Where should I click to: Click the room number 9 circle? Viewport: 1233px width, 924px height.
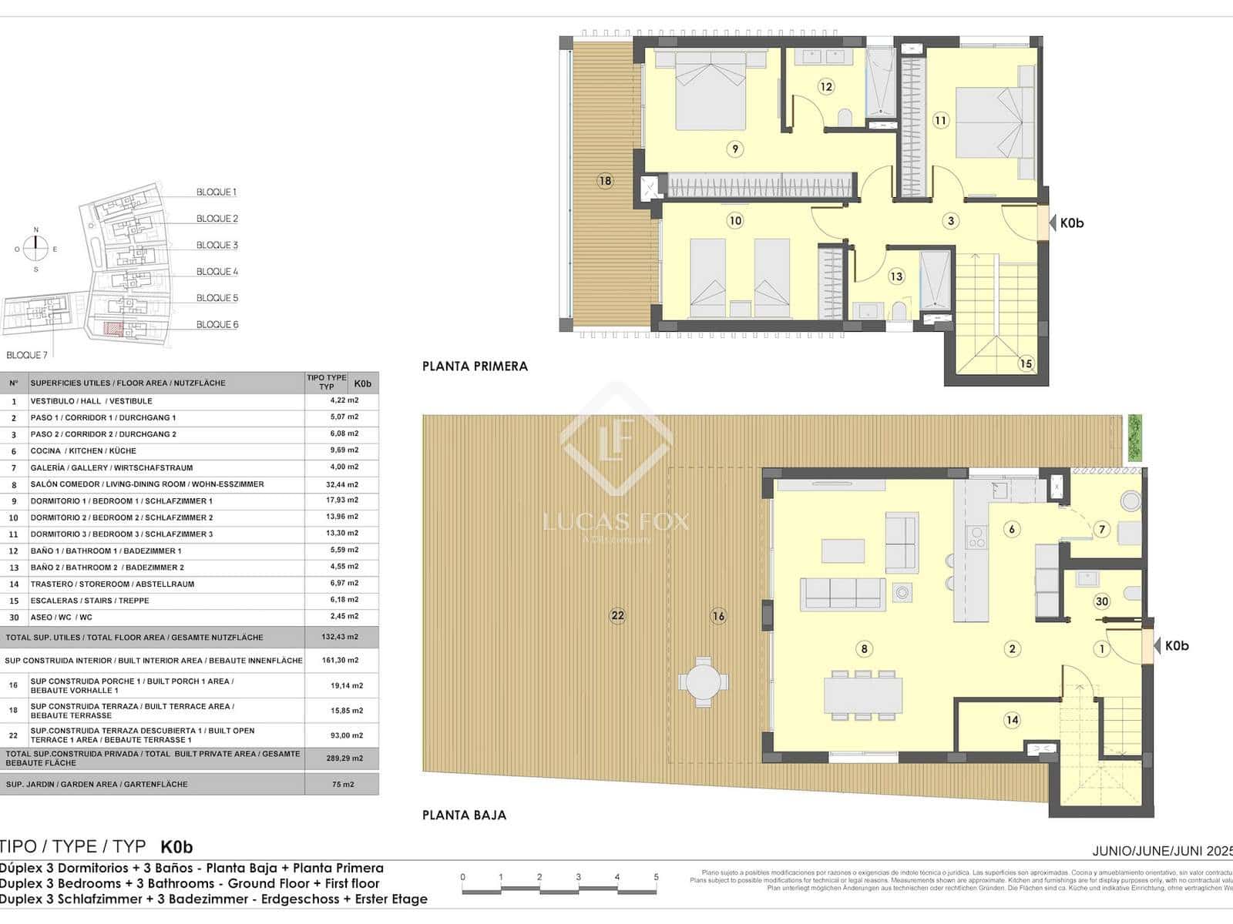(734, 149)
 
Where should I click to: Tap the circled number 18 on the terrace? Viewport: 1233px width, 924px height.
(605, 181)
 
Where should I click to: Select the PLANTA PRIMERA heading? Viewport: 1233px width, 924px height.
(475, 367)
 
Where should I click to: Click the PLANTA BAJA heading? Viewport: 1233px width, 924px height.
(464, 815)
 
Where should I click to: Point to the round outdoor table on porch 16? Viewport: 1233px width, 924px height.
(702, 681)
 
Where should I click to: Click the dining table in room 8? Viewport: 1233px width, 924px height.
(862, 694)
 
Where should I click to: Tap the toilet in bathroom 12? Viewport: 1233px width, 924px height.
(845, 117)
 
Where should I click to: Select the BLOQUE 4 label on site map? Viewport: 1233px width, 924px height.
(217, 272)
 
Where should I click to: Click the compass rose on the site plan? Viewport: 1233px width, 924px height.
(35, 248)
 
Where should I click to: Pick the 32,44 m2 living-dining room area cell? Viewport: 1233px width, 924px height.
(342, 484)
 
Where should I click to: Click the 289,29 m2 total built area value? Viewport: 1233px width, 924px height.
(342, 758)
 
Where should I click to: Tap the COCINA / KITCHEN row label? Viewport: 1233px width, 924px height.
(83, 451)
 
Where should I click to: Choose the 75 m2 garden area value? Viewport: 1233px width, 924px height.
(342, 784)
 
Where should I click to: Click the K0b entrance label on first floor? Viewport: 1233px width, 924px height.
(1071, 223)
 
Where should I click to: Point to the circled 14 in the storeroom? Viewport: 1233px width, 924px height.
(1012, 720)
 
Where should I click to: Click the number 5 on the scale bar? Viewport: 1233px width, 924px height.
(656, 877)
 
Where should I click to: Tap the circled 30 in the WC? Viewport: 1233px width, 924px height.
(1102, 602)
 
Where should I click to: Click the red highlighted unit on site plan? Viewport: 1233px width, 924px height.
(113, 330)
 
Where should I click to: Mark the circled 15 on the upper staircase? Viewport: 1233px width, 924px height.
(1026, 363)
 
